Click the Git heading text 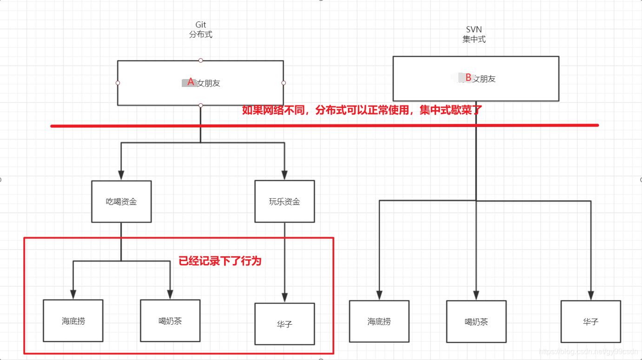(x=200, y=25)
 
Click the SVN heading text (x=474, y=30)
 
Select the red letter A (x=191, y=82)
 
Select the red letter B (x=469, y=77)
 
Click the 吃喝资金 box (x=121, y=201)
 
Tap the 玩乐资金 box (x=285, y=201)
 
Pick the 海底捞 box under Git (x=73, y=320)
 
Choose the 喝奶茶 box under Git (x=170, y=320)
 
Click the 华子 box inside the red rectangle (x=285, y=324)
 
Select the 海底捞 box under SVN (x=379, y=321)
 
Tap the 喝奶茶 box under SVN (x=476, y=321)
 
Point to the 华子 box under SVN (x=590, y=321)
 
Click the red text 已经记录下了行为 (x=220, y=261)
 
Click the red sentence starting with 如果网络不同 (x=362, y=111)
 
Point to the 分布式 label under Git (x=200, y=34)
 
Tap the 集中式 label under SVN (x=474, y=40)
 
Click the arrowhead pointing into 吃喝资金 (x=121, y=175)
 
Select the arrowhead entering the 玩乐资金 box (x=285, y=175)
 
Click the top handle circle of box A (x=201, y=60)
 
